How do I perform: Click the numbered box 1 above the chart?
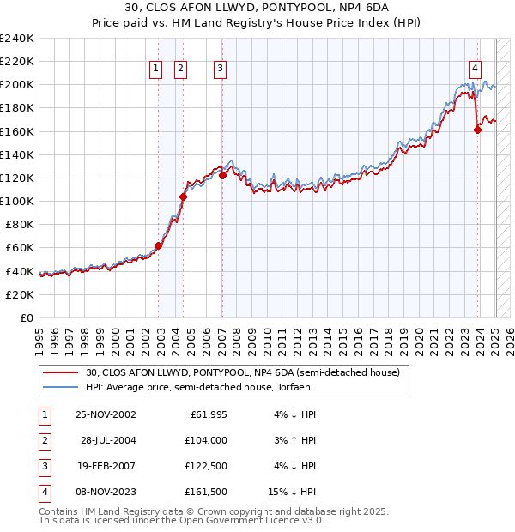tap(155, 70)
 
